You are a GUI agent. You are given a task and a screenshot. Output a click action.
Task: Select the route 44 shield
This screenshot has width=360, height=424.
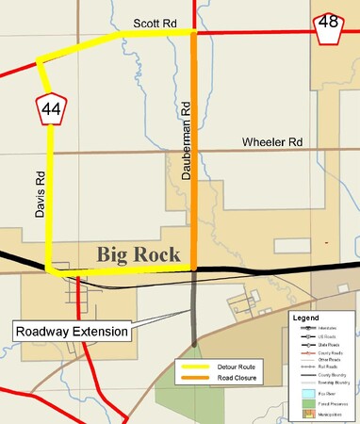51,110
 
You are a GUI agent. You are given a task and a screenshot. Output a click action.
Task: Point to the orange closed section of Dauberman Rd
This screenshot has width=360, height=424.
194,151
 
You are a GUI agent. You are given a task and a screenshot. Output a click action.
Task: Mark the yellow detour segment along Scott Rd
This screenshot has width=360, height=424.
155,34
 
